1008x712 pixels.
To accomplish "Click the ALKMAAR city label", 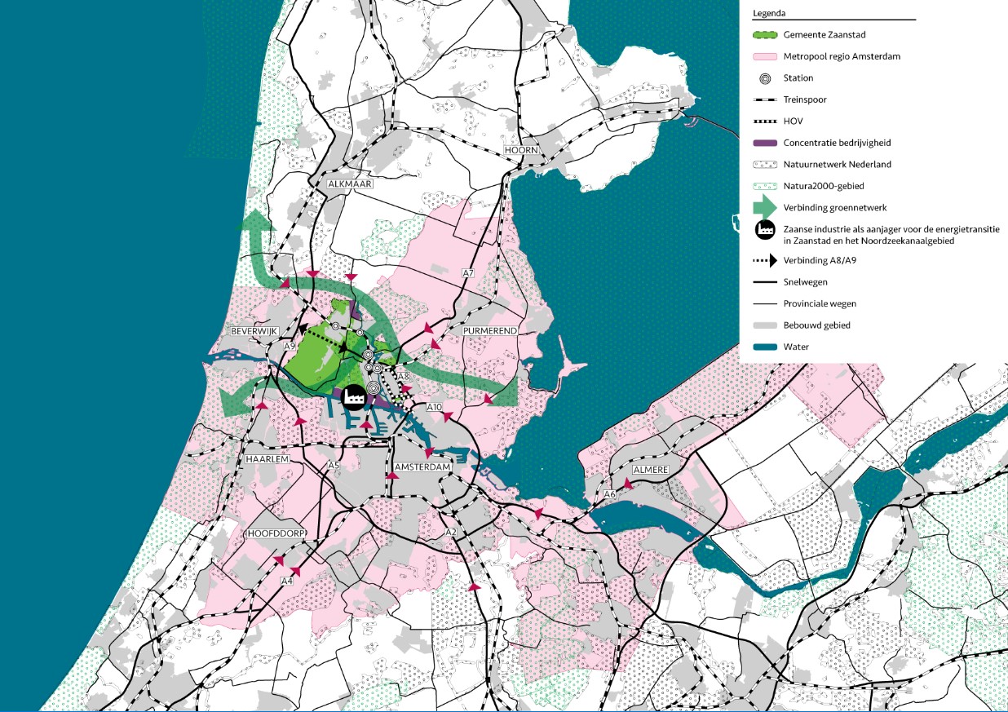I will point(349,184).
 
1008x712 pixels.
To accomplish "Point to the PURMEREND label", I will point(490,331).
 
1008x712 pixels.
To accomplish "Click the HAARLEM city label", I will point(269,460).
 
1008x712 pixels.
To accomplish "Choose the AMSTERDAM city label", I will point(422,467).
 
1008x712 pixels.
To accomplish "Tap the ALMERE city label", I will point(650,471).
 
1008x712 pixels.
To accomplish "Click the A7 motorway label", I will point(468,272).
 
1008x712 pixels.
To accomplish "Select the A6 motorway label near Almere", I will point(609,494).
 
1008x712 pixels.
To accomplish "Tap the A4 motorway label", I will point(286,581).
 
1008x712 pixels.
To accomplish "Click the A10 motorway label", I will point(434,406).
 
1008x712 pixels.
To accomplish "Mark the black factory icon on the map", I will point(355,396).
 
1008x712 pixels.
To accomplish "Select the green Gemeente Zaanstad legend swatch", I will point(765,36).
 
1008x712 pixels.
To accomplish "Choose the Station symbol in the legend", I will point(765,78).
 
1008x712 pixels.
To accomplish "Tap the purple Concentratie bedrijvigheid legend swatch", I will point(765,143).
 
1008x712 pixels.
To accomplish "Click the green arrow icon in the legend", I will point(765,207).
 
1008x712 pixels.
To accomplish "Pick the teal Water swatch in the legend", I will point(765,347).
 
